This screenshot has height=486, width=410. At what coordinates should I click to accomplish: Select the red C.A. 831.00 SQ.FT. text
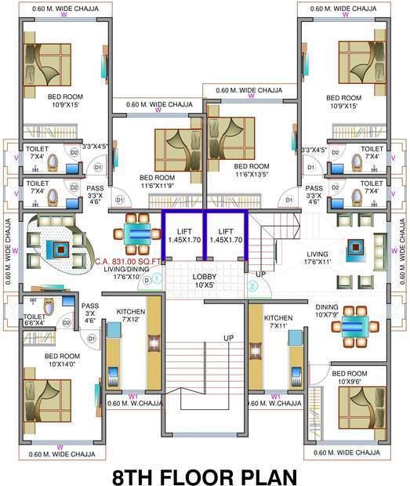tap(127, 263)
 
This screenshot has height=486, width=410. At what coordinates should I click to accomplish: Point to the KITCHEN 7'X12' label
tap(131, 316)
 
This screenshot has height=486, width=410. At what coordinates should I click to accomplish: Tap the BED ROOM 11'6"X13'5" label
tap(252, 170)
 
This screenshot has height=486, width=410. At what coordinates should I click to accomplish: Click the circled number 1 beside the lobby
tap(157, 277)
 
